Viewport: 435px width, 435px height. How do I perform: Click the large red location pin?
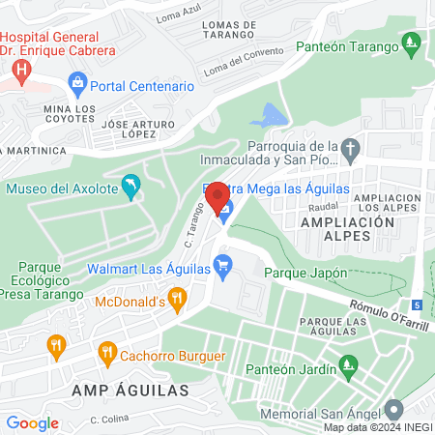point(218,197)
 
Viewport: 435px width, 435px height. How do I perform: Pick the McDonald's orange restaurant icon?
point(177,301)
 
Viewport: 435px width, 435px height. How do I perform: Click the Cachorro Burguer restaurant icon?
point(108,355)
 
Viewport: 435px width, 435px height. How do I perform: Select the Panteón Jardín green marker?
point(347,366)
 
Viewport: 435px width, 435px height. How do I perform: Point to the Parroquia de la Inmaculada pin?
point(352,150)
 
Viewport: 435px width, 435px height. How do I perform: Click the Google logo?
point(32,422)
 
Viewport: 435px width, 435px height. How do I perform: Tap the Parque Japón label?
point(312,273)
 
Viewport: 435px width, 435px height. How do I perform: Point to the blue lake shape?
point(270,115)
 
